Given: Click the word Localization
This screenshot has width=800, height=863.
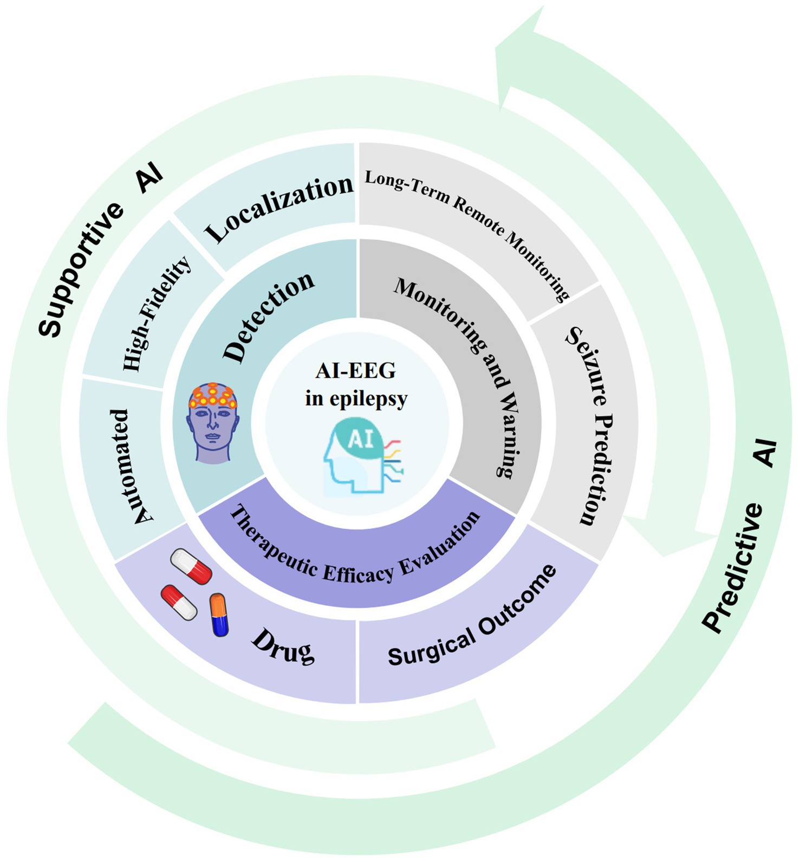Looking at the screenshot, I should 279,208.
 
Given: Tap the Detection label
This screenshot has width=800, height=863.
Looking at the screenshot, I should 269,316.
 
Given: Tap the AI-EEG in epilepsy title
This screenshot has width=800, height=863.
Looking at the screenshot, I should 356,385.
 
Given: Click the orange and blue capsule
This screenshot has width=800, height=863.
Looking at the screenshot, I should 219,614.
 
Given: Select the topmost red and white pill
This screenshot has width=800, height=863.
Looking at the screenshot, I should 191,566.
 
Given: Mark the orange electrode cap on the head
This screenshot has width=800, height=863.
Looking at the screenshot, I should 212,396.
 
